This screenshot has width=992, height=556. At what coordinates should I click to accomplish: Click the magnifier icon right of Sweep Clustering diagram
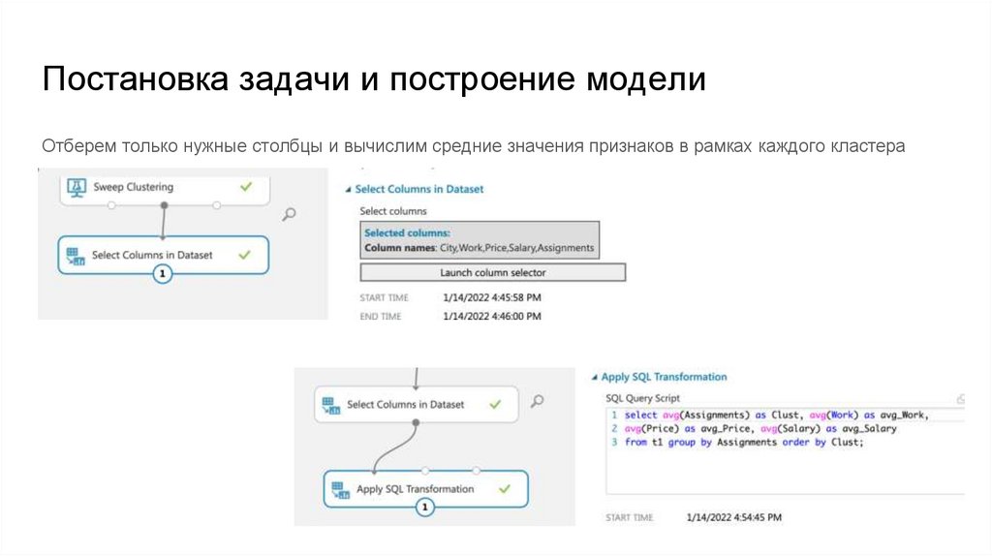click(288, 215)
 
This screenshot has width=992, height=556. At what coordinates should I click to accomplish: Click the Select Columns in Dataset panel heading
click(418, 190)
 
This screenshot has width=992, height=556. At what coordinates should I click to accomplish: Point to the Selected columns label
click(407, 233)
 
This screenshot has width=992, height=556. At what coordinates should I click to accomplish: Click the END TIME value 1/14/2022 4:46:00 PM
click(492, 316)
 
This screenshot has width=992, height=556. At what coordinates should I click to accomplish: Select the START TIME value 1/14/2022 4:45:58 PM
click(492, 297)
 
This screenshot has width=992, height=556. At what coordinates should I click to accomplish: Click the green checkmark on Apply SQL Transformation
click(504, 489)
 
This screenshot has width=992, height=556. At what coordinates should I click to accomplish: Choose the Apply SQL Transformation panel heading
click(664, 377)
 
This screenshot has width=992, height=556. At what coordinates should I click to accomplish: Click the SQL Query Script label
click(642, 398)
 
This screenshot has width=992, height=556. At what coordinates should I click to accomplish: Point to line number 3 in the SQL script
click(614, 443)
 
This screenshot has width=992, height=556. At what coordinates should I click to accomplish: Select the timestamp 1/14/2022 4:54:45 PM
click(733, 517)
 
